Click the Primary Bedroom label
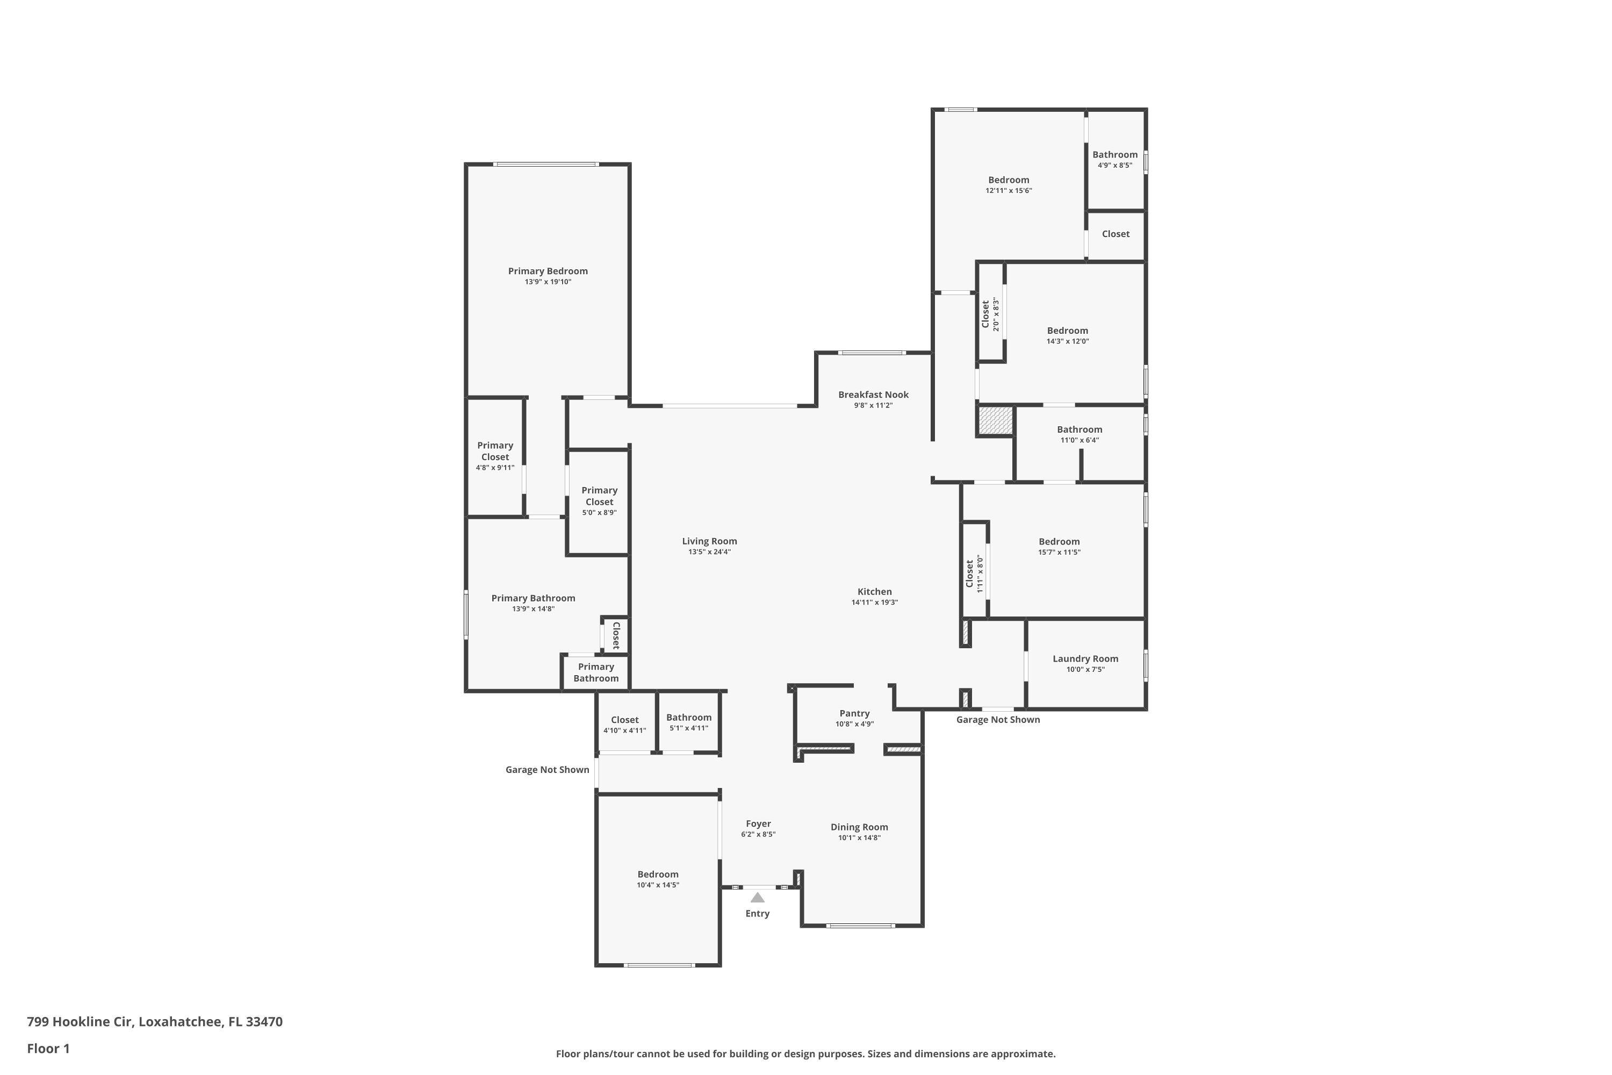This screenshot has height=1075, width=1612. coord(548,271)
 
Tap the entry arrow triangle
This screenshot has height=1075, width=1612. coord(757,898)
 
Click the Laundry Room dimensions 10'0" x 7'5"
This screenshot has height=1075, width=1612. coord(1085,670)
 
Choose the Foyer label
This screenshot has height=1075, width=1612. coord(758,824)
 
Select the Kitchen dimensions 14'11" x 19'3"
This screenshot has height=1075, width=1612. coord(875,603)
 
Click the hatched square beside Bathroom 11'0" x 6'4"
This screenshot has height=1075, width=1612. coord(995,420)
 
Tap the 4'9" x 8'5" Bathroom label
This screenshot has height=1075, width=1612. coord(1114,155)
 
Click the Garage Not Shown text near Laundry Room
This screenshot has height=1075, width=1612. coord(997,720)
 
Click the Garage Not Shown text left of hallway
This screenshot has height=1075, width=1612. coord(547,770)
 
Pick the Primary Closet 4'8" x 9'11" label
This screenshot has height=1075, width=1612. coord(495,451)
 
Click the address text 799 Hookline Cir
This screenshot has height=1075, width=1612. coord(154,1022)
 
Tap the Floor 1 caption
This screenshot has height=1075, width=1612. coord(48,1048)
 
